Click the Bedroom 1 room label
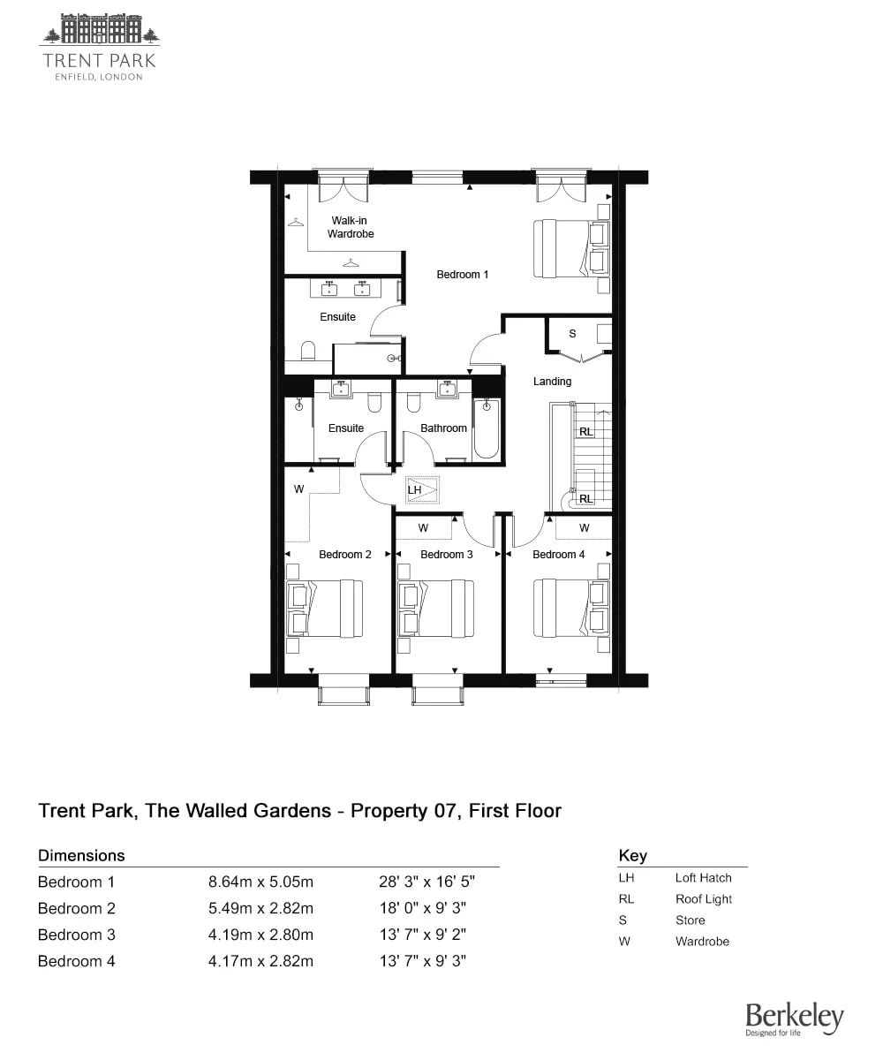click(x=462, y=275)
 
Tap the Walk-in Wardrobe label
click(x=351, y=227)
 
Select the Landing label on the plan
click(x=552, y=382)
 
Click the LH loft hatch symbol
click(x=422, y=490)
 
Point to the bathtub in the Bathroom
click(x=487, y=429)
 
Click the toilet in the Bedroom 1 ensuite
click(x=308, y=351)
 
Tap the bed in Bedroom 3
click(x=435, y=609)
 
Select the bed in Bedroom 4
click(x=571, y=609)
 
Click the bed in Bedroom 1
click(x=571, y=248)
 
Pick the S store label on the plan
click(x=572, y=334)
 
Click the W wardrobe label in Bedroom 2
click(x=299, y=488)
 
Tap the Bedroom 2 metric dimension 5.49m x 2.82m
click(x=260, y=908)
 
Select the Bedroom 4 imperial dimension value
click(x=423, y=961)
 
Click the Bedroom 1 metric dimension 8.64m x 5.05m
click(x=260, y=882)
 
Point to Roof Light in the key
click(x=704, y=899)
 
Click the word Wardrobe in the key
click(x=702, y=942)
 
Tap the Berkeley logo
click(x=794, y=1018)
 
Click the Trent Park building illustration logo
click(x=101, y=29)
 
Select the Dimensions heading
click(x=81, y=855)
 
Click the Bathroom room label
click(x=443, y=428)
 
